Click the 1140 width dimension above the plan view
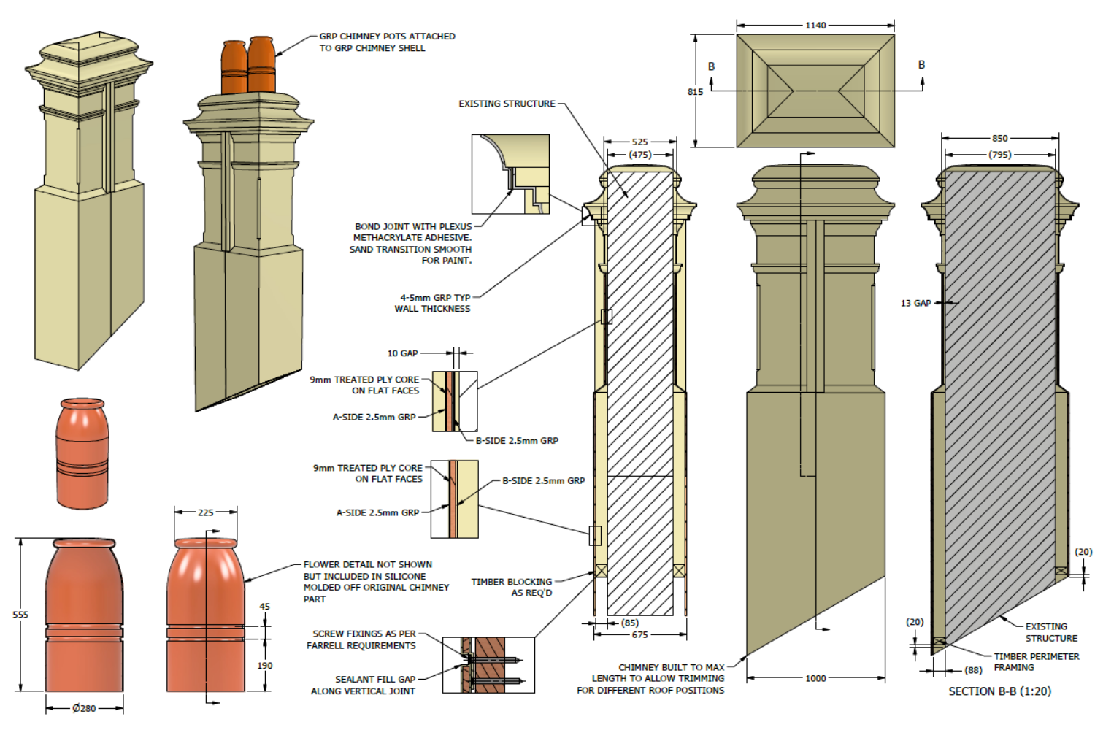pyautogui.click(x=815, y=26)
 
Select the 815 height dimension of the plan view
pyautogui.click(x=695, y=92)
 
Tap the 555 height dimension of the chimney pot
pyautogui.click(x=20, y=615)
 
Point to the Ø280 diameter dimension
pyautogui.click(x=84, y=708)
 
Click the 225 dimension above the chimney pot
pyautogui.click(x=206, y=512)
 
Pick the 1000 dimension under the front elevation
pyautogui.click(x=815, y=678)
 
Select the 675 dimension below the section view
pyautogui.click(x=639, y=635)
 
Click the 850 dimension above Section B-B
pyautogui.click(x=999, y=138)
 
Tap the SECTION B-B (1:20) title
pyautogui.click(x=999, y=691)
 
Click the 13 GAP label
pyautogui.click(x=915, y=303)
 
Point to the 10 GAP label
pyautogui.click(x=402, y=353)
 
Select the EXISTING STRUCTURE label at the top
pyautogui.click(x=507, y=104)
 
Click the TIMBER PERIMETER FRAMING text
pyautogui.click(x=1036, y=661)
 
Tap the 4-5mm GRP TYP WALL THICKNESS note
pyautogui.click(x=434, y=303)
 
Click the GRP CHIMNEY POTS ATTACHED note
pyautogui.click(x=387, y=42)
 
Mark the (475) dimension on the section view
pyautogui.click(x=639, y=155)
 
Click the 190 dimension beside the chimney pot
pyautogui.click(x=264, y=666)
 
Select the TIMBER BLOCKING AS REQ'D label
pyautogui.click(x=512, y=587)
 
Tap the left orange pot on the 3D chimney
pyautogui.click(x=234, y=67)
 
